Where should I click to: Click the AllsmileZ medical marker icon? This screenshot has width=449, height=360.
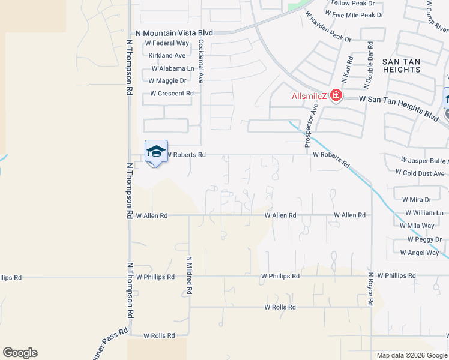pos(335,96)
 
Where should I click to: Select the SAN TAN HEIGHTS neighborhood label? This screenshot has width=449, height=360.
pos(402,66)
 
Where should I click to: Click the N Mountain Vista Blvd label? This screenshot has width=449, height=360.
pos(175,34)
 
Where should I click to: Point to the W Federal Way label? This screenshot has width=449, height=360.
pos(167,44)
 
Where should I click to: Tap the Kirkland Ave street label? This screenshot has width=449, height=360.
pos(167,56)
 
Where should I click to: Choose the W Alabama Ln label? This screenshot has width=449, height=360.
pos(170,68)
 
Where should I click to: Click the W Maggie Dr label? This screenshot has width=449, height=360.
pos(169,80)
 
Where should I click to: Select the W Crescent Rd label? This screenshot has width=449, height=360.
pos(172,94)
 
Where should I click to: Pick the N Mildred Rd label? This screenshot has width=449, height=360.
pos(189,275)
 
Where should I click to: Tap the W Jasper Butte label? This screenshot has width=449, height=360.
pos(424,161)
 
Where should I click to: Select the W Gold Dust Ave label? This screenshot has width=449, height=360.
pos(420,173)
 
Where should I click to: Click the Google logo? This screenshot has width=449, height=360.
pos(20,353)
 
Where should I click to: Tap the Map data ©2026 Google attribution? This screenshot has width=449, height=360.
pos(411,355)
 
